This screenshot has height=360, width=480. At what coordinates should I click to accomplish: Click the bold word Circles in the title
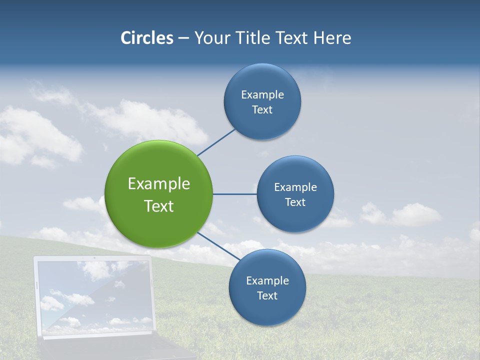tap(146, 38)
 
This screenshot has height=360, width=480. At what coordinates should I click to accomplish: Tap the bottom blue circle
tap(267, 310)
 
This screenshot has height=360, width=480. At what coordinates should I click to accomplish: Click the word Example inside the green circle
tap(159, 184)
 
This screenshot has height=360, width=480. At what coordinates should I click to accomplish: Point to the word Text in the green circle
tap(159, 206)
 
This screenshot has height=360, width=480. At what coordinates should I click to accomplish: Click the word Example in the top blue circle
tap(262, 94)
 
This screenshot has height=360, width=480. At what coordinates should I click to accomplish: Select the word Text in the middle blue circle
tap(295, 202)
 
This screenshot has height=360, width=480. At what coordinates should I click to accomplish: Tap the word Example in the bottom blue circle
tap(267, 280)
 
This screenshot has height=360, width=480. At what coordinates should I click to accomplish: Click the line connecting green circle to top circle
tap(216, 142)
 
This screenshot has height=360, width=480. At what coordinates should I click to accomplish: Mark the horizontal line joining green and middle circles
tap(234, 194)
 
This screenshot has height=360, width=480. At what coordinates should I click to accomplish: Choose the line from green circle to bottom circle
tap(219, 246)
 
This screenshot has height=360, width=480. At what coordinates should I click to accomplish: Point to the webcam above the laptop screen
tap(94, 258)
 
